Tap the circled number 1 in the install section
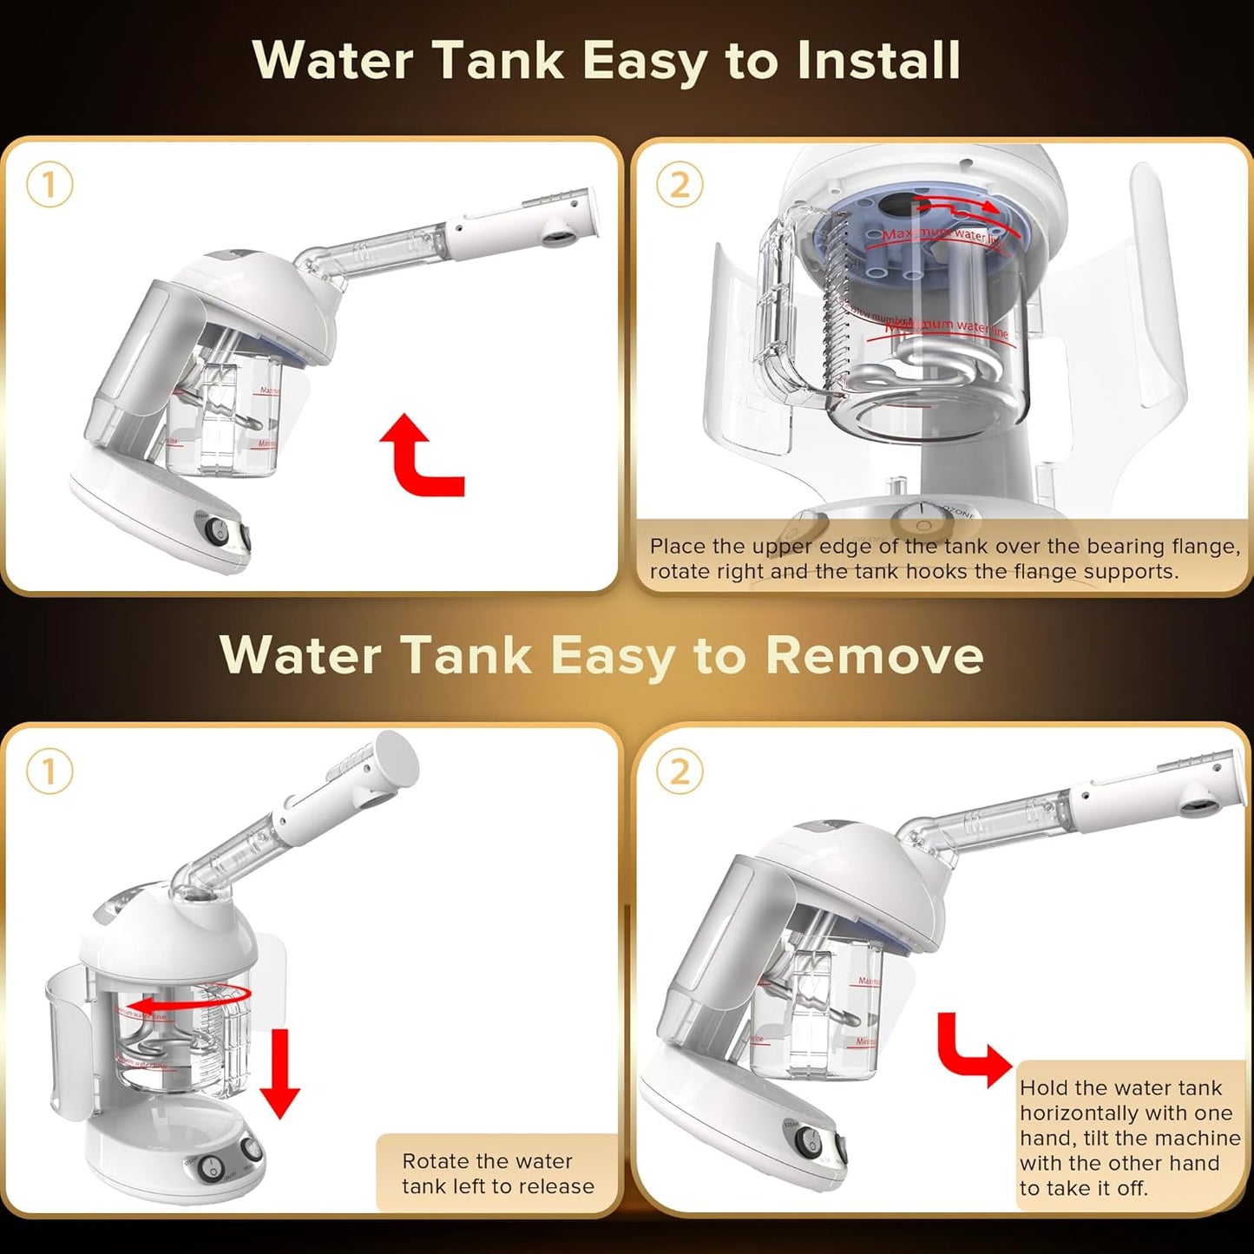click(49, 185)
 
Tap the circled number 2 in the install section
click(680, 185)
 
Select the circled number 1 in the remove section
click(49, 771)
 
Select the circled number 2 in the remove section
click(680, 771)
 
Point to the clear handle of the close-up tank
click(785, 304)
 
